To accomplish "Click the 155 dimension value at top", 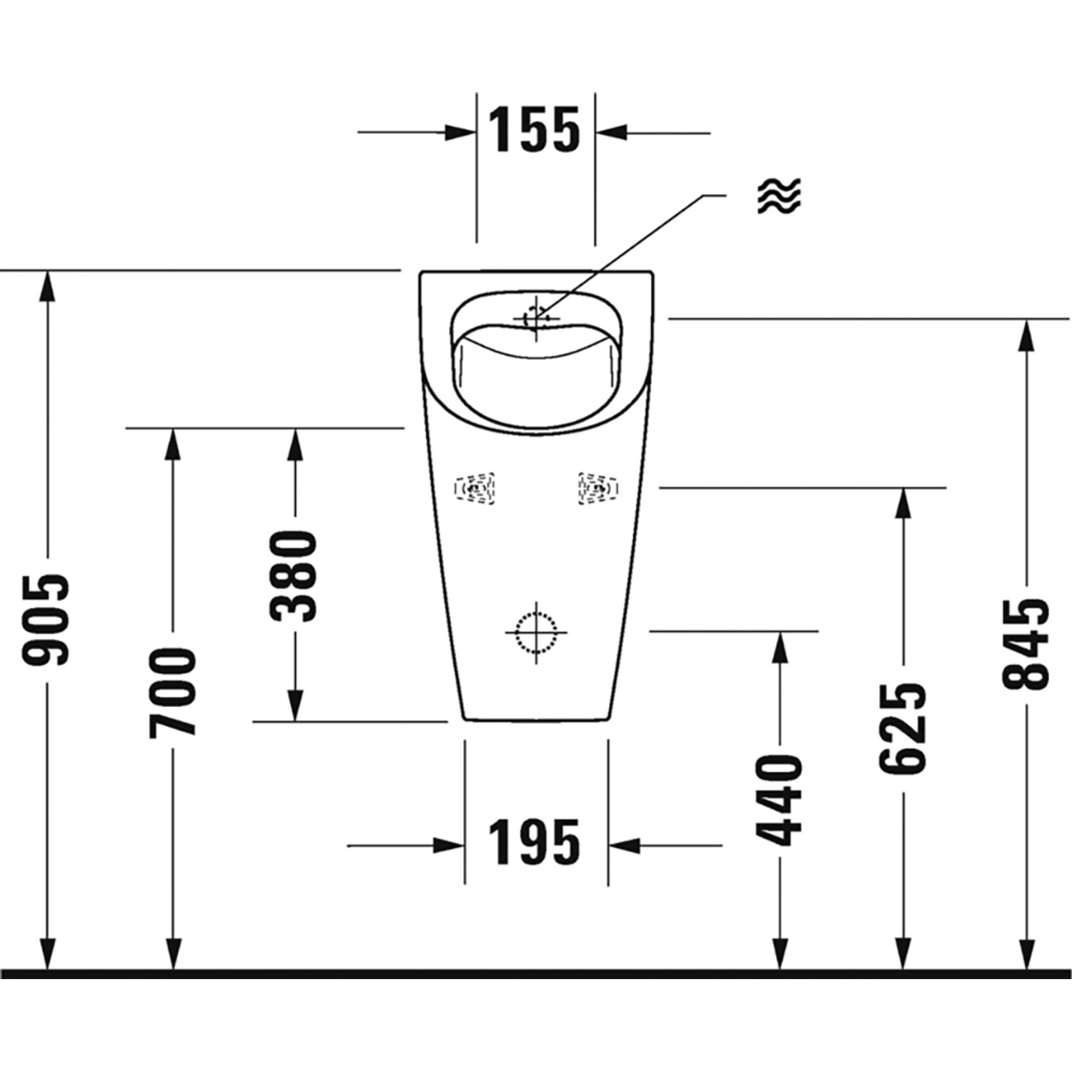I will click(x=534, y=131).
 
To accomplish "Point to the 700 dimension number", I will click(x=172, y=692).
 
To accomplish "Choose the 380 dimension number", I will click(x=294, y=575).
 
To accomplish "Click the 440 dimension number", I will click(x=780, y=800).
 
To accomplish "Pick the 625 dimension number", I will click(x=903, y=728).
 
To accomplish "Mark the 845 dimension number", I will click(x=1026, y=644).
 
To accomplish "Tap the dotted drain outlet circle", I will click(x=536, y=632).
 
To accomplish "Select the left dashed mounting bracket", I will click(x=475, y=489).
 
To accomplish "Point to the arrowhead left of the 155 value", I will click(x=460, y=132).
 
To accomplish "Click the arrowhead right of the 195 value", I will click(x=624, y=845).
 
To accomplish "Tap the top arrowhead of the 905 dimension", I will click(x=47, y=286).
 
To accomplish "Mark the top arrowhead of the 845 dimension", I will click(x=1026, y=334).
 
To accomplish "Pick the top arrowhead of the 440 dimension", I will click(x=780, y=647).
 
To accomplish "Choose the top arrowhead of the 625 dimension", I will click(x=903, y=503).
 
